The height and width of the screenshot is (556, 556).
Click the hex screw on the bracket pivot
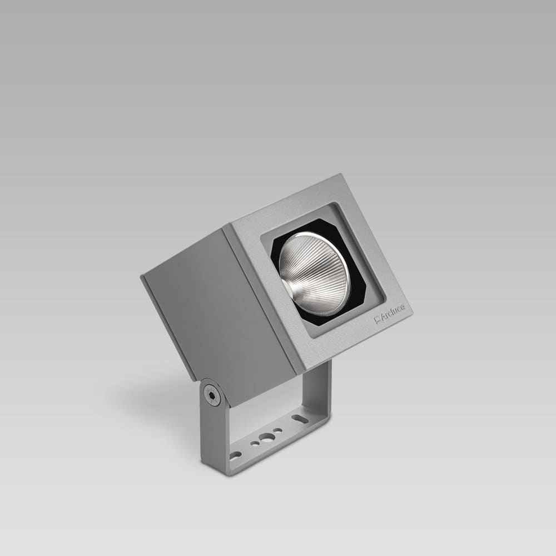211,395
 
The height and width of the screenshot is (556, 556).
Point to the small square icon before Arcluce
377,319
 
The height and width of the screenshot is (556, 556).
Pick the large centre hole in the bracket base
266,437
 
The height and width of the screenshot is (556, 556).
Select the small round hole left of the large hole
254,444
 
